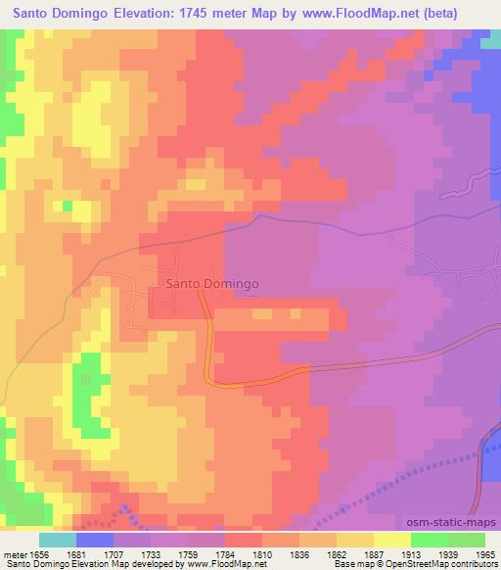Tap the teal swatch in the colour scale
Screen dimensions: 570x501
click(58, 540)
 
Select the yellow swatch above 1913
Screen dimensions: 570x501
click(392, 540)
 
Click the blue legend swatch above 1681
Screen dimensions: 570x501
click(95, 540)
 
